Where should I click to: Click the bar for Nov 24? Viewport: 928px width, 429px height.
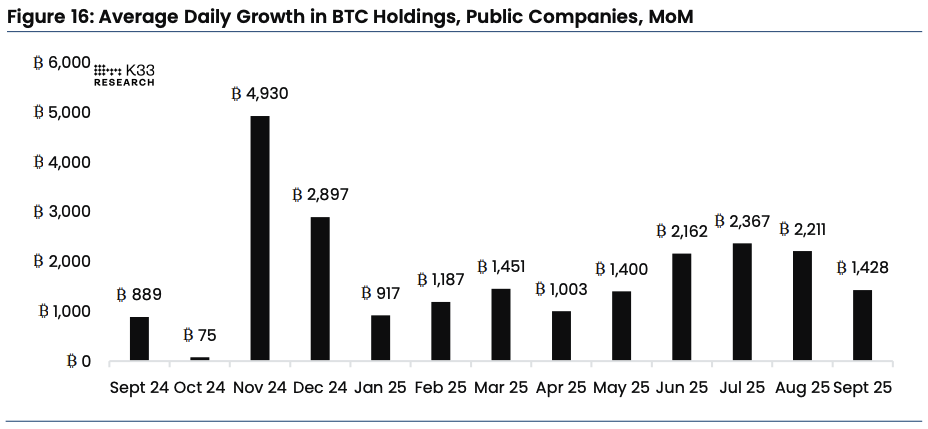(x=259, y=238)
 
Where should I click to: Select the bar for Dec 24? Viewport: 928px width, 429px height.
(x=320, y=288)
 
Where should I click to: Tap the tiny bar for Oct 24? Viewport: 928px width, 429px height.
(x=200, y=357)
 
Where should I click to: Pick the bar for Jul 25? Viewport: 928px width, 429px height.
(x=743, y=301)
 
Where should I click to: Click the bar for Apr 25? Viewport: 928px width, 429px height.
(x=562, y=335)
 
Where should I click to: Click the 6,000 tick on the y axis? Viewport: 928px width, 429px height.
(x=62, y=63)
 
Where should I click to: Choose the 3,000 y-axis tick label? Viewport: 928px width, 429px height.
(x=62, y=212)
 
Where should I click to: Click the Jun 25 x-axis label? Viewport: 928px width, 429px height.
(x=683, y=387)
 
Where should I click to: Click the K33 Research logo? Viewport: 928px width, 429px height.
(x=124, y=75)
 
